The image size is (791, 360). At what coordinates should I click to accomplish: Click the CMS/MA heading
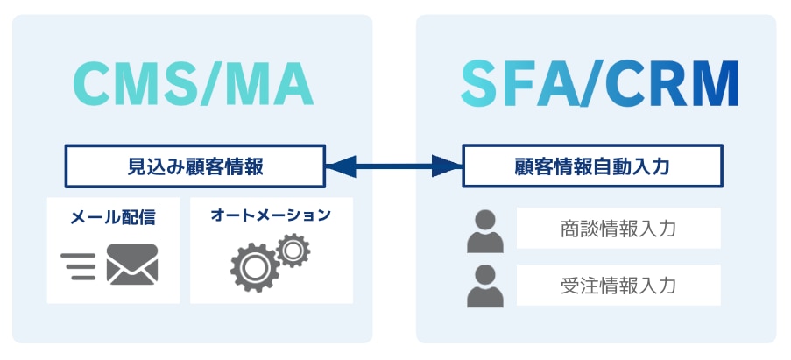click(193, 84)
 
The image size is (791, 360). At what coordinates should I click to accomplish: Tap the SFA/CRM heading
click(599, 84)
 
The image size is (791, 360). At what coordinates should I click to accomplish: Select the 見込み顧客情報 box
click(195, 166)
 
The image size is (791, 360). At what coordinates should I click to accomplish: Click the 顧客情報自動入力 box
click(592, 166)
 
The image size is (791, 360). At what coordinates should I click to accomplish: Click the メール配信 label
click(113, 217)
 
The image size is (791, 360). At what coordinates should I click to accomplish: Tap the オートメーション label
click(271, 215)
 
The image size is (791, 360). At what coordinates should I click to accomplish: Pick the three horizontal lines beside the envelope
click(80, 265)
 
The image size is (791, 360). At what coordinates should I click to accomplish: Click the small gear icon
click(293, 251)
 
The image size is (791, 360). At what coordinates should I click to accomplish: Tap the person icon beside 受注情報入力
click(485, 286)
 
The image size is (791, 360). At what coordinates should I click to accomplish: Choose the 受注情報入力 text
click(618, 285)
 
